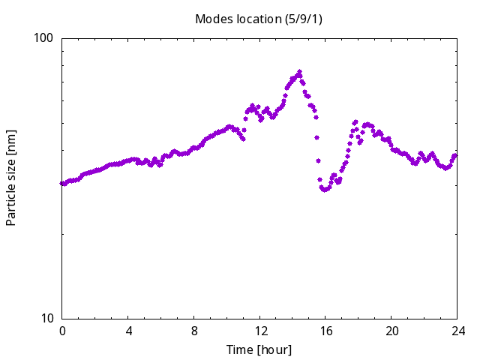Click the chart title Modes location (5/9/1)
pos(259,19)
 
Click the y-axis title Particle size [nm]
pos(10,178)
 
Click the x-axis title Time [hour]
pos(259,349)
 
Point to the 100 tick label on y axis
pos(43,38)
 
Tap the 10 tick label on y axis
pos(46,318)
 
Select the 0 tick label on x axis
pos(62,331)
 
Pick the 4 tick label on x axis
pos(128,331)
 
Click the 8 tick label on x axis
pos(194,331)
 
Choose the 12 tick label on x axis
pos(260,331)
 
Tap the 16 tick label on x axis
pos(326,331)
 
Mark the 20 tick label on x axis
pos(391,331)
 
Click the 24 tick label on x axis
pos(458,331)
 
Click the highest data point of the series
pos(299,72)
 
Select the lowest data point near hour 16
pos(325,190)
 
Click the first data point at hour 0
pos(62,183)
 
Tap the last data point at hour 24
pos(455,156)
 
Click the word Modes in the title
pos(214,19)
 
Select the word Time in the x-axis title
pos(240,349)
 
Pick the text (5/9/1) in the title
pos(303,19)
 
